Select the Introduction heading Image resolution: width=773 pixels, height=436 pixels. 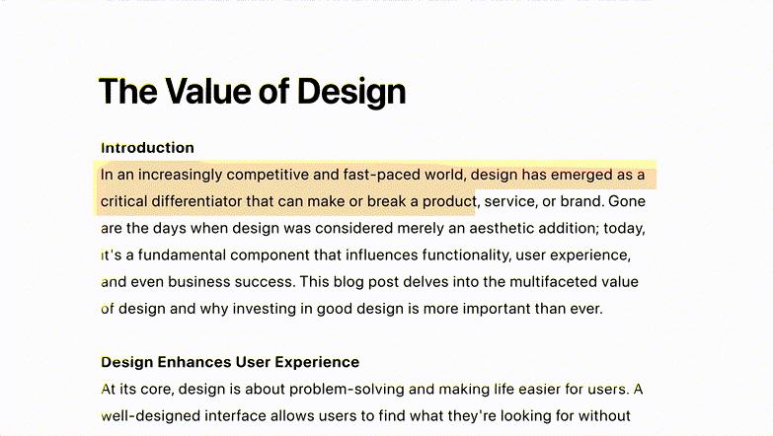pos(147,148)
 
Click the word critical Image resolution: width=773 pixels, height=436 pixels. pos(123,201)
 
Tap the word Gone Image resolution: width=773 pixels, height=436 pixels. pos(627,201)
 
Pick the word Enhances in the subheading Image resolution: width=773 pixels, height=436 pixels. pos(194,362)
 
